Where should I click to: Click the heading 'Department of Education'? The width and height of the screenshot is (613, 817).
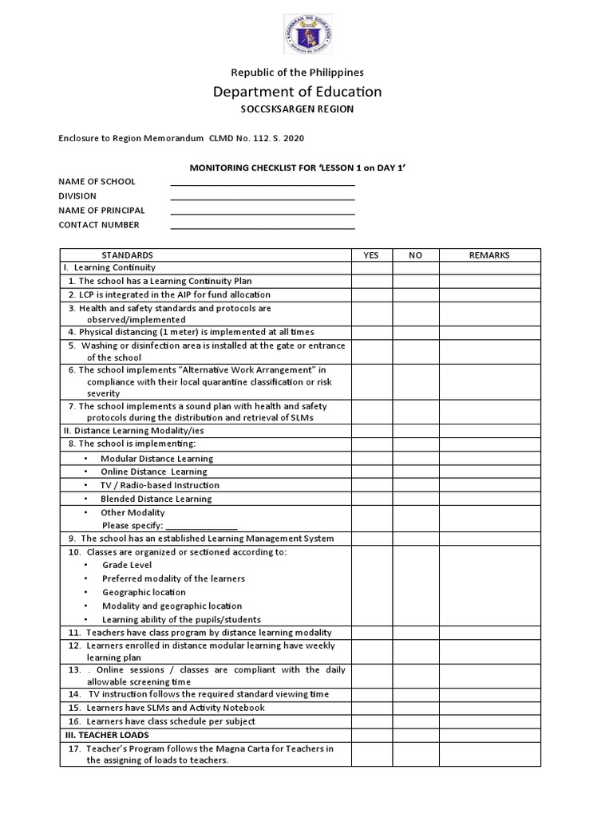pyautogui.click(x=297, y=92)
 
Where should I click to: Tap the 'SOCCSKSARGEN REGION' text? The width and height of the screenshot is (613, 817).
pyautogui.click(x=297, y=109)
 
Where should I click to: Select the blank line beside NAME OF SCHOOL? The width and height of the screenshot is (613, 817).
pyautogui.click(x=263, y=182)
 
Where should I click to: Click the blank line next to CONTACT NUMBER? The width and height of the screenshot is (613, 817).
pyautogui.click(x=263, y=226)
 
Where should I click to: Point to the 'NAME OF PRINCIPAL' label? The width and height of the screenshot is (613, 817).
pyautogui.click(x=101, y=211)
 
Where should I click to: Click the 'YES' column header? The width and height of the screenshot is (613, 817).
pyautogui.click(x=371, y=255)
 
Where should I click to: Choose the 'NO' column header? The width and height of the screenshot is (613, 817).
pyautogui.click(x=415, y=255)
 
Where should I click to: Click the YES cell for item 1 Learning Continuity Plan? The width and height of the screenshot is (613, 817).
pyautogui.click(x=371, y=281)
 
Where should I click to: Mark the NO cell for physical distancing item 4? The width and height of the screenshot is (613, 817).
pyautogui.click(x=415, y=333)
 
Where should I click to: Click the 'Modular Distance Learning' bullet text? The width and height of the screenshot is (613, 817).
pyautogui.click(x=156, y=459)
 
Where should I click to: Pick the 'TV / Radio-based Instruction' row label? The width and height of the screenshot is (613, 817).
pyautogui.click(x=160, y=485)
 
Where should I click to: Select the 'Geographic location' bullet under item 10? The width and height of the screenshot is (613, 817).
pyautogui.click(x=144, y=593)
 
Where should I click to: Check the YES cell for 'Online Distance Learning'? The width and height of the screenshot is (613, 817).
pyautogui.click(x=371, y=472)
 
